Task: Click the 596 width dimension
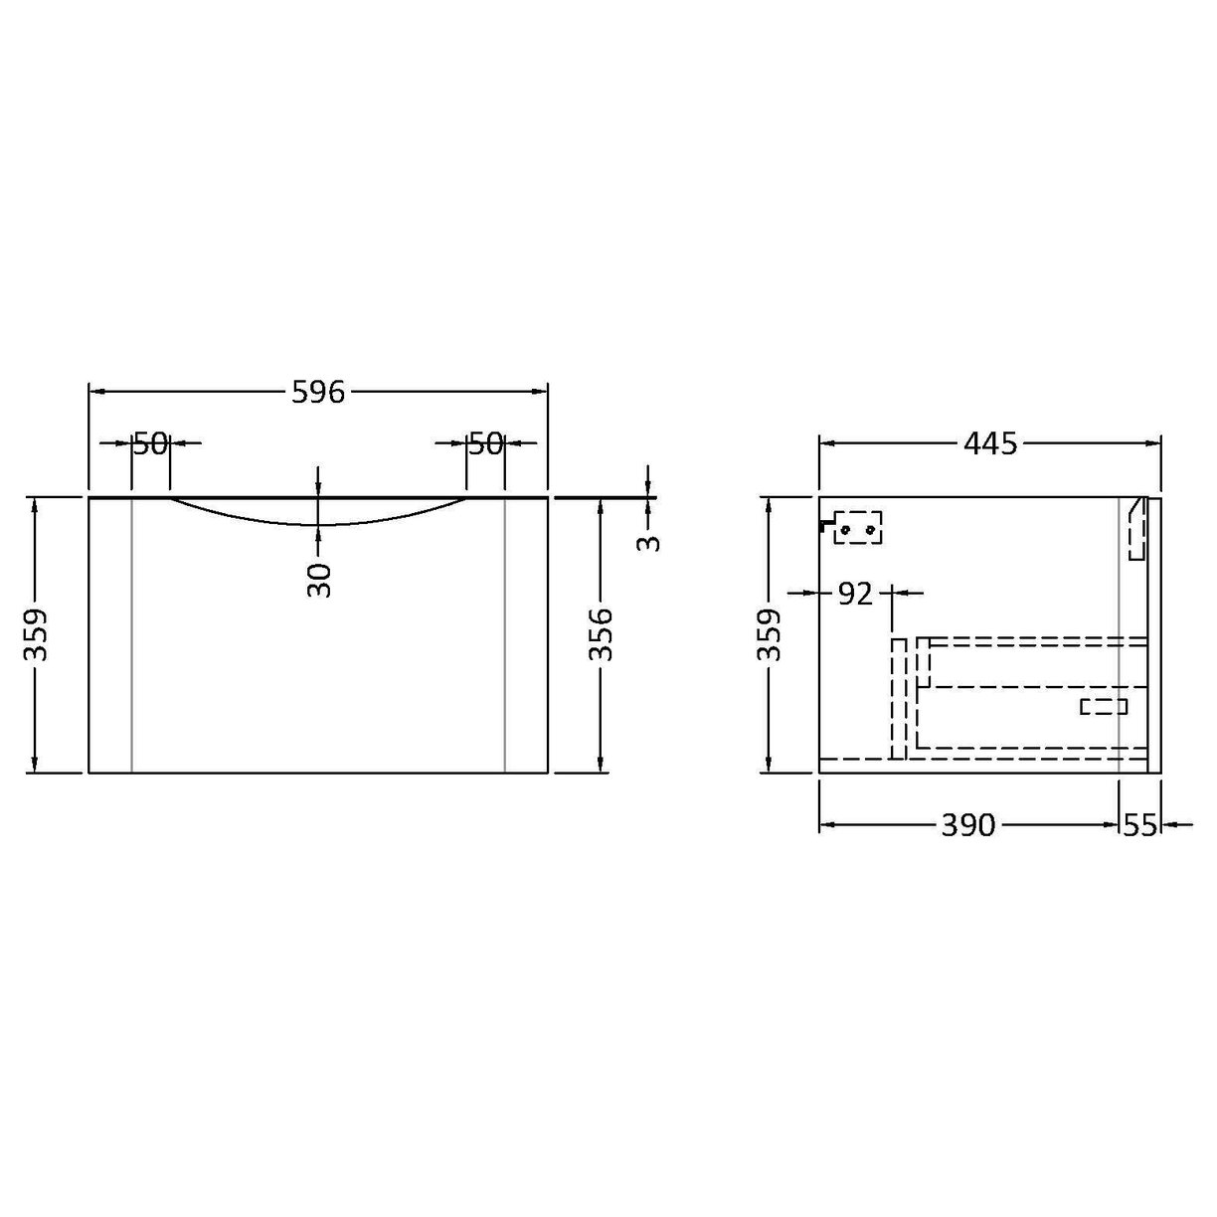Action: [x=317, y=393]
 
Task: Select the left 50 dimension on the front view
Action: [x=150, y=443]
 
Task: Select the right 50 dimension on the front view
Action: [x=486, y=443]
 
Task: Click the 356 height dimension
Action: [x=601, y=634]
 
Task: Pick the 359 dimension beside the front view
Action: [x=36, y=634]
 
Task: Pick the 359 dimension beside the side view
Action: [x=770, y=634]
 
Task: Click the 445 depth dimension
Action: [x=990, y=443]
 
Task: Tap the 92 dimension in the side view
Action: [x=854, y=594]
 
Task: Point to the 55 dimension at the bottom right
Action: [x=1140, y=824]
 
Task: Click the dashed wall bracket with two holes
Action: [x=856, y=528]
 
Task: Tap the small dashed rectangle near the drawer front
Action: [x=1104, y=706]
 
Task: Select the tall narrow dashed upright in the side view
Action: [x=899, y=698]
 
